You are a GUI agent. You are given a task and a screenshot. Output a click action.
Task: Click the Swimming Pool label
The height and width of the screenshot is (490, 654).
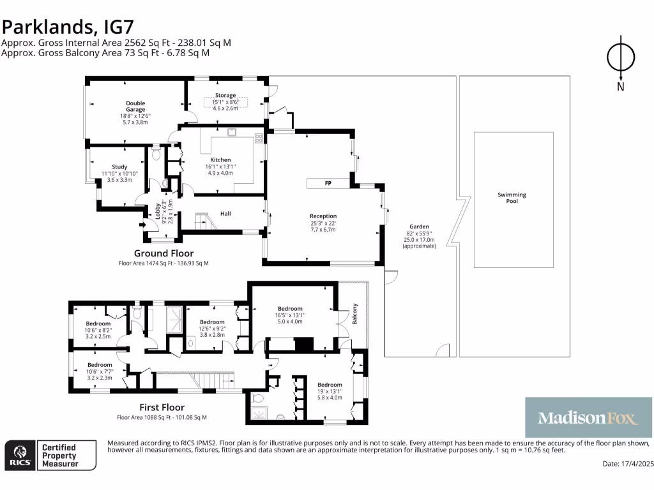click(x=512, y=198)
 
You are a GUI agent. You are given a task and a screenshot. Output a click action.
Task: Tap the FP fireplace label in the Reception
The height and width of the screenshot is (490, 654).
click(x=328, y=183)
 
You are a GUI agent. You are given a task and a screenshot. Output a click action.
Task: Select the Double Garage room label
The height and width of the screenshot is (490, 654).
click(x=135, y=107)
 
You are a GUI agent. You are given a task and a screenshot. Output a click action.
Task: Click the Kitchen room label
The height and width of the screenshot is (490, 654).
click(x=220, y=160)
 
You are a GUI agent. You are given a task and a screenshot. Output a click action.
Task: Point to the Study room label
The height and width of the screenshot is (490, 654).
click(x=119, y=167)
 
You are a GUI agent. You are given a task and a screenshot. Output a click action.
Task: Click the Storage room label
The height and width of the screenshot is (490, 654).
click(x=225, y=96)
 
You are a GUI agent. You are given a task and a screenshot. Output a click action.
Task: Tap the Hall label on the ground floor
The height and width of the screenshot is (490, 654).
click(x=225, y=214)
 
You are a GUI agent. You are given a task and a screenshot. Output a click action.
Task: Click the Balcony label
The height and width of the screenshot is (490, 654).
click(x=355, y=314)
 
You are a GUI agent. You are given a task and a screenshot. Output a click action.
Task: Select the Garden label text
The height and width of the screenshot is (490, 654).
click(x=419, y=226)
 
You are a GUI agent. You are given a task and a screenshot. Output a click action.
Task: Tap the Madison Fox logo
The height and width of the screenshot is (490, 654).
click(x=588, y=417)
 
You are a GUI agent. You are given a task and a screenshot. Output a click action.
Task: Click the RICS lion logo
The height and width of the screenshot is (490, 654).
click(x=20, y=456)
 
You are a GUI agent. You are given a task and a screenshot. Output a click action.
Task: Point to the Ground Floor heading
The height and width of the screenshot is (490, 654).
click(x=164, y=253)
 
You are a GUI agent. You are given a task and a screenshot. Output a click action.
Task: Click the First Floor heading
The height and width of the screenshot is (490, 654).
click(x=162, y=408)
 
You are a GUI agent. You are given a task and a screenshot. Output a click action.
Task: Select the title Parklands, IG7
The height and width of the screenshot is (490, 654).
click(x=68, y=27)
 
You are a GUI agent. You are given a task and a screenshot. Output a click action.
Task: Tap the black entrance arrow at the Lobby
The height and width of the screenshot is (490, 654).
click(x=142, y=225)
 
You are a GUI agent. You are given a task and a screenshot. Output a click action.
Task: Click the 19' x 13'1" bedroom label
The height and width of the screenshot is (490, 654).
click(x=330, y=385)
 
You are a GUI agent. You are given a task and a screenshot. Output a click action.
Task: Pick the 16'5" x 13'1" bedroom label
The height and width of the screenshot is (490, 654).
click(x=291, y=309)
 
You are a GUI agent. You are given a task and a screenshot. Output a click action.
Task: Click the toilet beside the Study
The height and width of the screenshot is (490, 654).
click(x=156, y=154)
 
